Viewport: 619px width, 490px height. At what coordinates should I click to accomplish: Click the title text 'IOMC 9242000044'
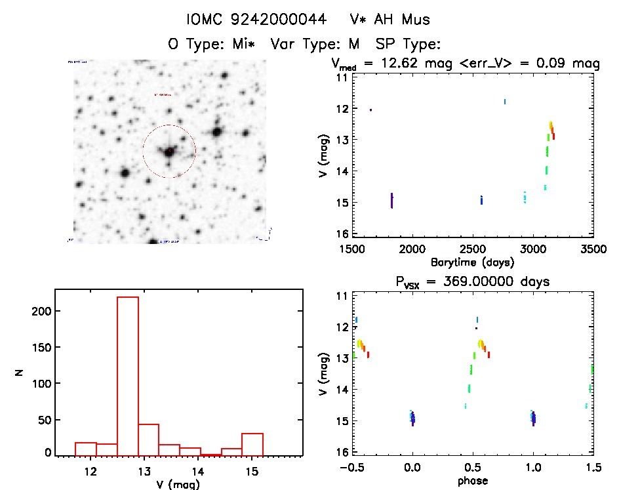point(256,20)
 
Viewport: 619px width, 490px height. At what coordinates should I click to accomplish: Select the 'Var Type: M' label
point(318,44)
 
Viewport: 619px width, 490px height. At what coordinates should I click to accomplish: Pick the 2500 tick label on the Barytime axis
point(472,249)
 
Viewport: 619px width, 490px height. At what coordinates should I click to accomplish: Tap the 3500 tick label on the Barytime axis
point(593,249)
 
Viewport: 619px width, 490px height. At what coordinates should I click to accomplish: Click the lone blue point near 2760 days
point(505,101)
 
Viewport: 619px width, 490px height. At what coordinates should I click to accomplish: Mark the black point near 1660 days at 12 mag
point(370,110)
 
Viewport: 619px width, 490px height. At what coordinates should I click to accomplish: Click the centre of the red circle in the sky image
point(169,152)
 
